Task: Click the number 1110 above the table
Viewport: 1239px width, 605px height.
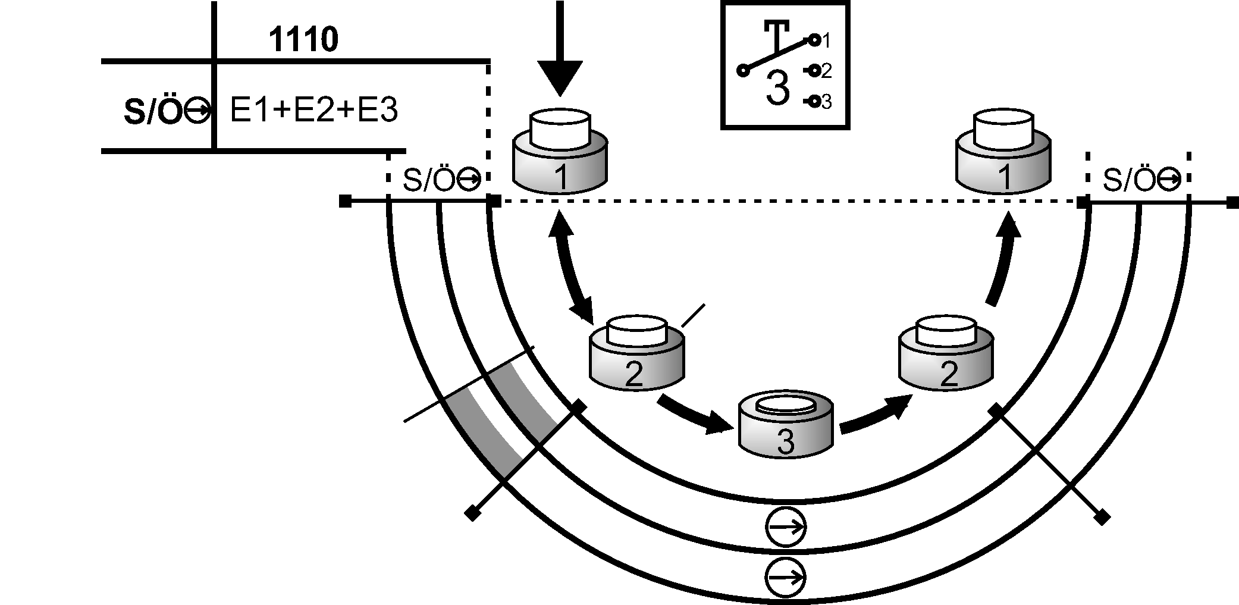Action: tap(303, 40)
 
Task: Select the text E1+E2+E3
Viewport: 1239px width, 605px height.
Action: tap(313, 111)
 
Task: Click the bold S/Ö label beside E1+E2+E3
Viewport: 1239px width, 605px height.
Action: tap(152, 112)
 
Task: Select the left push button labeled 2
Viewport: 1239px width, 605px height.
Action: tap(636, 354)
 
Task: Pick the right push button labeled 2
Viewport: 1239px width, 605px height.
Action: tap(946, 354)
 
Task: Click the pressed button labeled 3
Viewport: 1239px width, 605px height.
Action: tap(785, 425)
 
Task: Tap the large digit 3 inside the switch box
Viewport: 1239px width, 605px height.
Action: tap(777, 88)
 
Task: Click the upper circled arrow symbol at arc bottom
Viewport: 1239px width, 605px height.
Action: tap(785, 526)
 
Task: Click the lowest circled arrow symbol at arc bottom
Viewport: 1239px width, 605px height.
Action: tap(785, 576)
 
